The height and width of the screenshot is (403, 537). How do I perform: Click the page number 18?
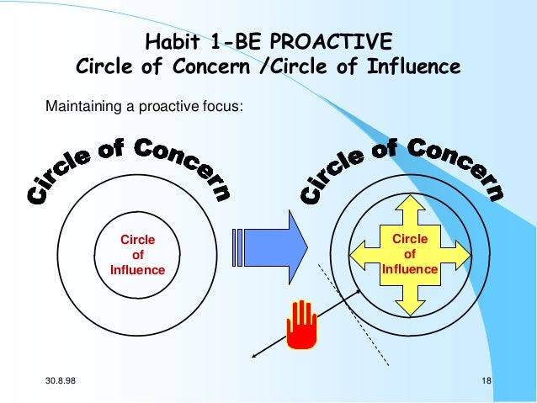click(486, 384)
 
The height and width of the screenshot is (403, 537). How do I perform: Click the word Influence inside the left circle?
click(137, 270)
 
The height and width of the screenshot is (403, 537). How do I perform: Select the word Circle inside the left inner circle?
click(138, 240)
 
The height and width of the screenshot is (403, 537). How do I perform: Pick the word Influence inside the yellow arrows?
click(410, 269)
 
